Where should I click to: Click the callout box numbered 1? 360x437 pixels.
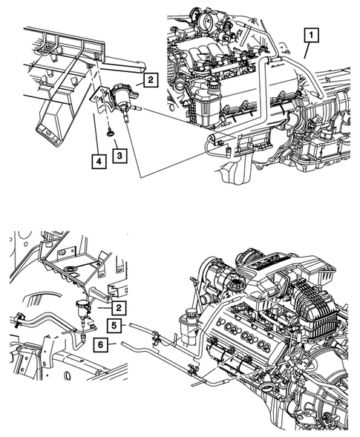311,35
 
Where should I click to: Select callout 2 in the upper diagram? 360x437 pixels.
151,80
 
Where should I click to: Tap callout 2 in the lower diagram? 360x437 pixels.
119,308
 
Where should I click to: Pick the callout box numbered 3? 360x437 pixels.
120,156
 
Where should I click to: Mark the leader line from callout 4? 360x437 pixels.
96,134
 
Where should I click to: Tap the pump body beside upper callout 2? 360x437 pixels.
121,96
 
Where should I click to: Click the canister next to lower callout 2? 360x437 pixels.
83,306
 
